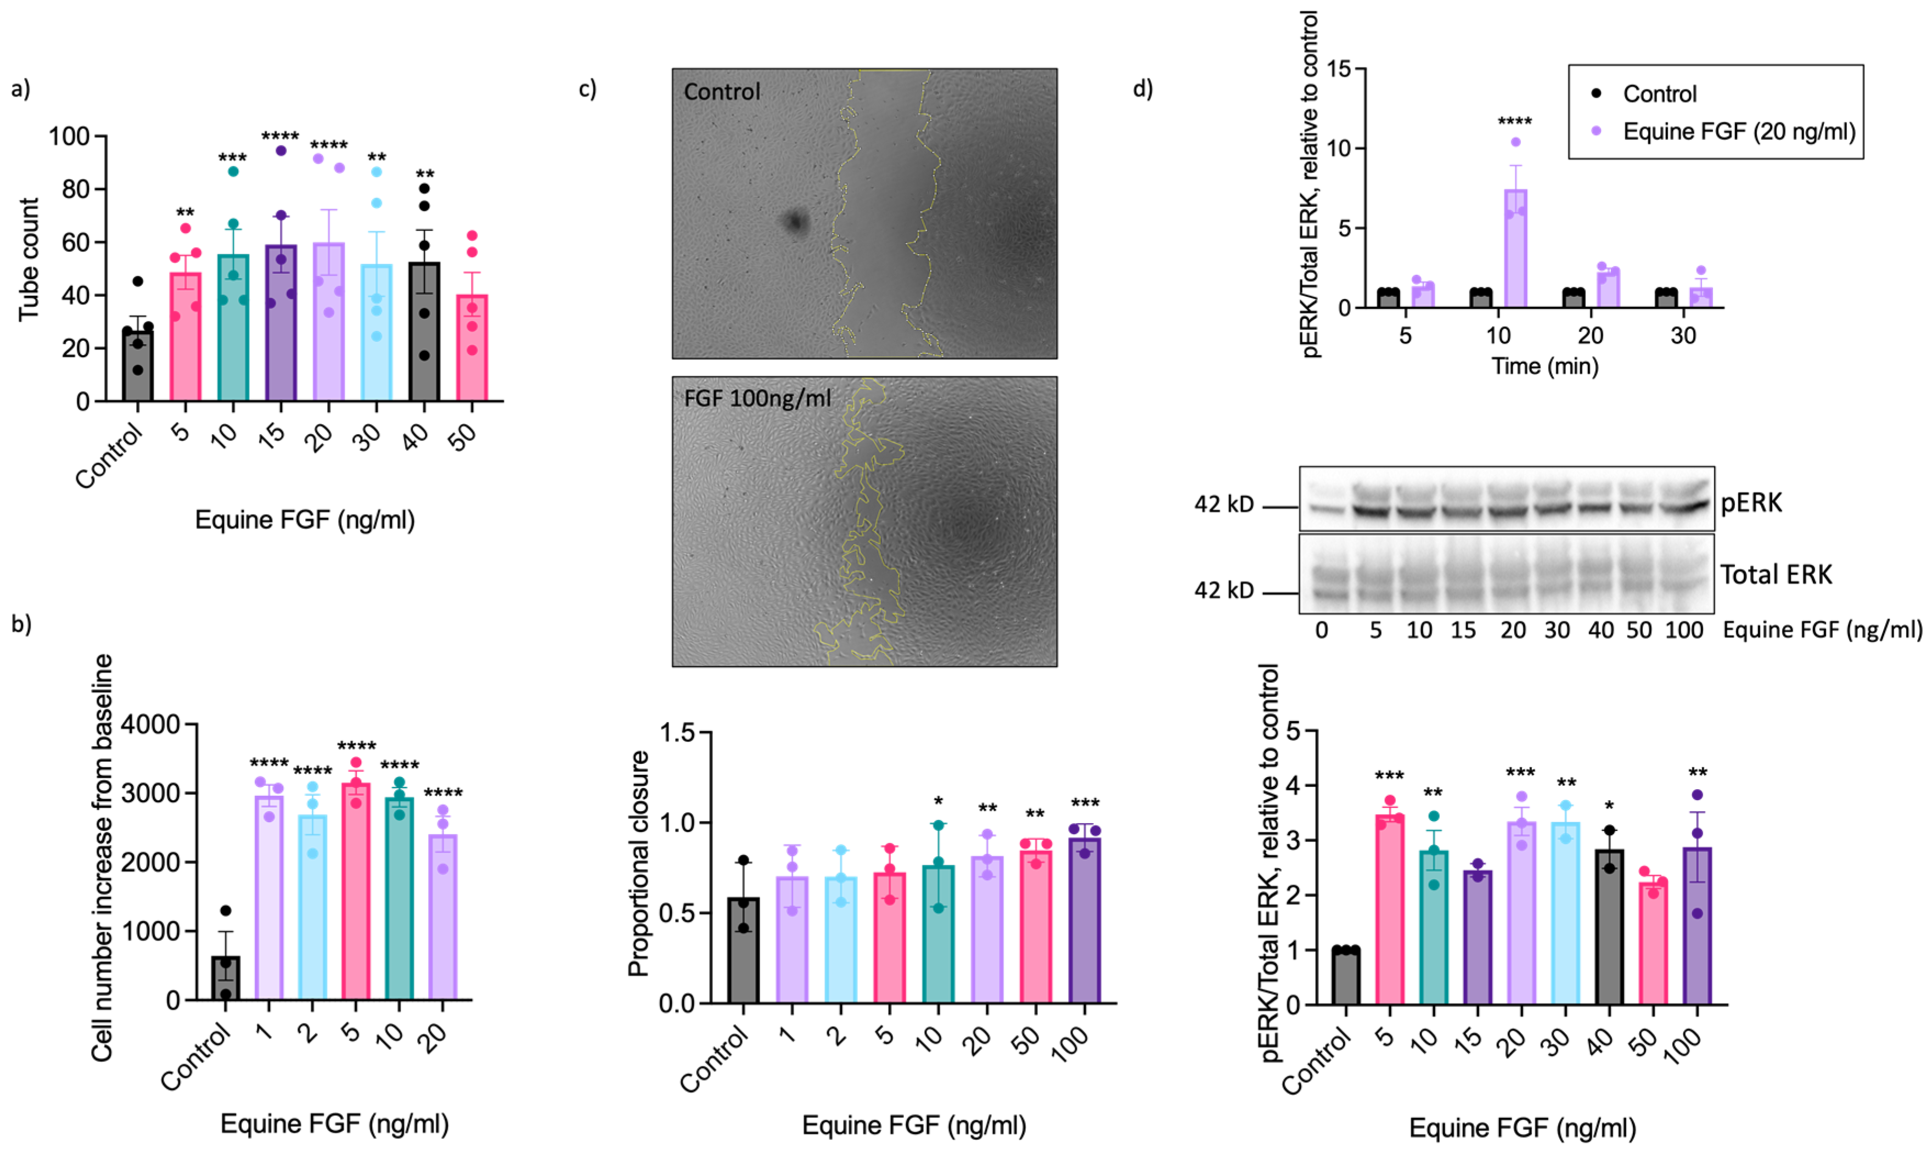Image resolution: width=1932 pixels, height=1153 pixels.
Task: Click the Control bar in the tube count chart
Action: pyautogui.click(x=138, y=365)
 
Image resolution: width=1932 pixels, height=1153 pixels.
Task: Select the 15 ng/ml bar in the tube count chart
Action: pyautogui.click(x=280, y=327)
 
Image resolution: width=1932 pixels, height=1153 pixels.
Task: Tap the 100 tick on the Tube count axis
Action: pyautogui.click(x=69, y=137)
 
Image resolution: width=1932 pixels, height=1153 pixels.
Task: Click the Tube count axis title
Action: pyautogui.click(x=29, y=260)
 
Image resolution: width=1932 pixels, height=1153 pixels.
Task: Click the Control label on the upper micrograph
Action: pyautogui.click(x=722, y=92)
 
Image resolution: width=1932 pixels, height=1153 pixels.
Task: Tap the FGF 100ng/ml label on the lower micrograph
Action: pyautogui.click(x=757, y=398)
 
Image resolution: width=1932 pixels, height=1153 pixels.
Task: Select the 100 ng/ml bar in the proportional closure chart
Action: pyautogui.click(x=1085, y=921)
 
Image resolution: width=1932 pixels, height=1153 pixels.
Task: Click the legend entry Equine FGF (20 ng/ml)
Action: pyautogui.click(x=1739, y=131)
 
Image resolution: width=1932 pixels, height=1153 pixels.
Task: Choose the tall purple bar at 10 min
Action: pyautogui.click(x=1515, y=249)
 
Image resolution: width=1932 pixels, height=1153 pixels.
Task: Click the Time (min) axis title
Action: pyautogui.click(x=1545, y=366)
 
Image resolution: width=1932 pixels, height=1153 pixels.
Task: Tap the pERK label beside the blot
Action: pyautogui.click(x=1751, y=503)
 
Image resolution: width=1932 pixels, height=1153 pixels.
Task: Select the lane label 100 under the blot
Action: pyautogui.click(x=1683, y=630)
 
